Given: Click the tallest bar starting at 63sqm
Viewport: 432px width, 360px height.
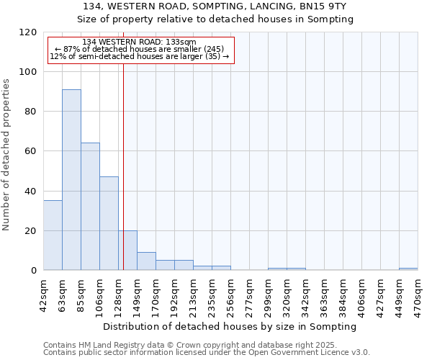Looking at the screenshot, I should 71,180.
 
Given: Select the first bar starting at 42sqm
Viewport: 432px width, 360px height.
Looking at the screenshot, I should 53,235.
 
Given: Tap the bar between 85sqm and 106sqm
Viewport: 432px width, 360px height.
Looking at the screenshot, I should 90,207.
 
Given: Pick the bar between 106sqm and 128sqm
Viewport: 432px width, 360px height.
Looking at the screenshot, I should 109,223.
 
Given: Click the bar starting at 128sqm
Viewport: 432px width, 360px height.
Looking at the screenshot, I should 127,251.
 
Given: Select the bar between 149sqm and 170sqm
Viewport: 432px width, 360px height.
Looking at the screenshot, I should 146,261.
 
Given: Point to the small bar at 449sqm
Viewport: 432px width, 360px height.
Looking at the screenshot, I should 408,269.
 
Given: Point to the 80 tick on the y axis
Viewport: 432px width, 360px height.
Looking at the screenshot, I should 31,112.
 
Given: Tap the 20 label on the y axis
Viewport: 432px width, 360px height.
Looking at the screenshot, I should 31,231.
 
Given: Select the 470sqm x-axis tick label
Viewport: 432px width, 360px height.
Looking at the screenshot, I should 418,293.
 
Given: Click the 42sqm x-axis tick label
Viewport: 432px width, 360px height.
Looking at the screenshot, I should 43,293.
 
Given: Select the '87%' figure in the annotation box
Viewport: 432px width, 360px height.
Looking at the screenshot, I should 74,49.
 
